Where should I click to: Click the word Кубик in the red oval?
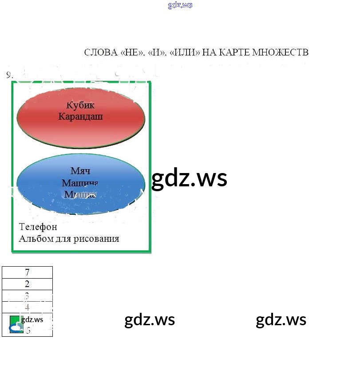click(x=80, y=106)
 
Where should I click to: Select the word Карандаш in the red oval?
click(x=80, y=117)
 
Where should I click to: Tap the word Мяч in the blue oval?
click(x=80, y=171)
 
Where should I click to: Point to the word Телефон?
click(x=38, y=227)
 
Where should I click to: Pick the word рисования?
click(x=99, y=239)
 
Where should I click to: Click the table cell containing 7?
click(x=27, y=272)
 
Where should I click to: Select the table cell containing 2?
click(x=27, y=284)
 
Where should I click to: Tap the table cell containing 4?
click(x=27, y=307)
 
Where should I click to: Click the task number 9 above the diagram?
click(x=9, y=75)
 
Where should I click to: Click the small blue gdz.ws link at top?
click(x=180, y=5)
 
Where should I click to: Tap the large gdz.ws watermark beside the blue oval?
click(x=189, y=179)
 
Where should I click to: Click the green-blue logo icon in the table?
click(x=16, y=324)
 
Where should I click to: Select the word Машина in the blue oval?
click(x=80, y=183)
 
